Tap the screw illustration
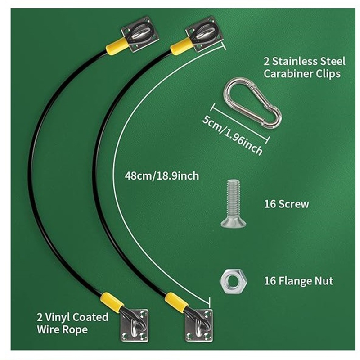pyautogui.click(x=234, y=203)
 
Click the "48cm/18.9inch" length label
pyautogui.click(x=162, y=176)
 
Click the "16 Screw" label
pyautogui.click(x=287, y=204)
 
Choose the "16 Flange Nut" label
pyautogui.click(x=298, y=281)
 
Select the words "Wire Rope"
pyautogui.click(x=62, y=329)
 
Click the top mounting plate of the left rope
pyautogui.click(x=140, y=34)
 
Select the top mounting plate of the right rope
pyautogui.click(x=205, y=34)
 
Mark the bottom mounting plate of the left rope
pyautogui.click(x=135, y=326)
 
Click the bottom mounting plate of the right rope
pyautogui.click(x=199, y=326)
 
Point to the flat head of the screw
pyautogui.click(x=234, y=222)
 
